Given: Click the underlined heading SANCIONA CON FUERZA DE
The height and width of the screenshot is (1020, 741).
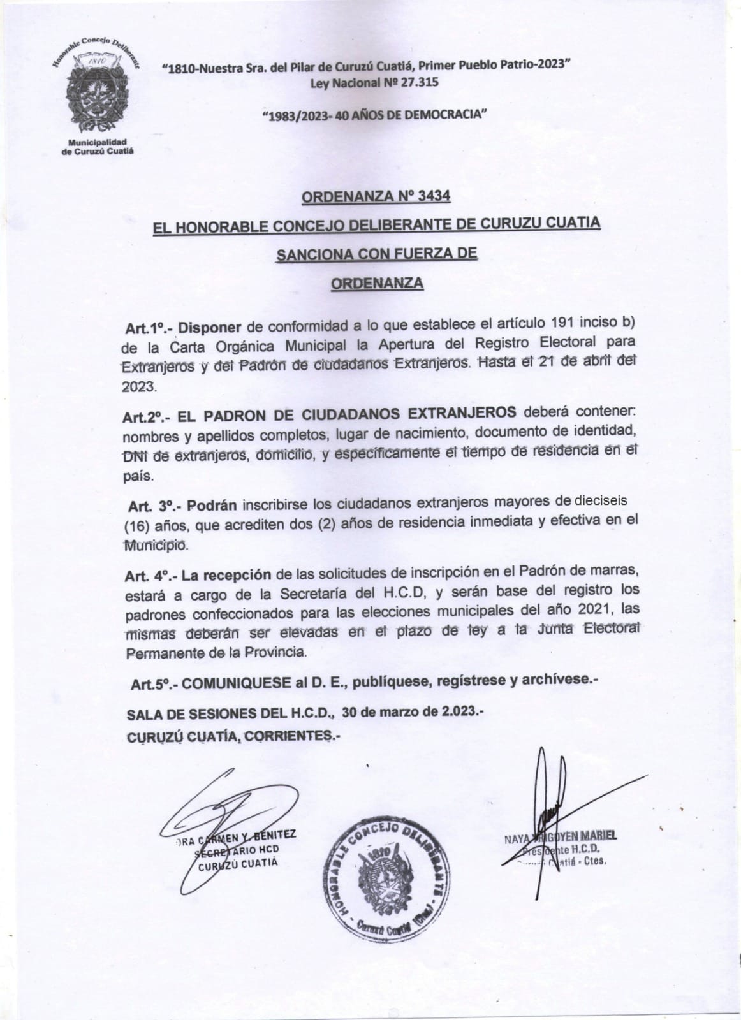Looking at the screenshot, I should click(x=376, y=254).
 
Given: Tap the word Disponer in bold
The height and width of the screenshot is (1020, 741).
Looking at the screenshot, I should click(x=210, y=328).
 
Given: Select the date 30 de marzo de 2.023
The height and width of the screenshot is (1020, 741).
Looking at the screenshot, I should click(x=413, y=712).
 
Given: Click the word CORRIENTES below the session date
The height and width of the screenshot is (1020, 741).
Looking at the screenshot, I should click(x=290, y=736).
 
